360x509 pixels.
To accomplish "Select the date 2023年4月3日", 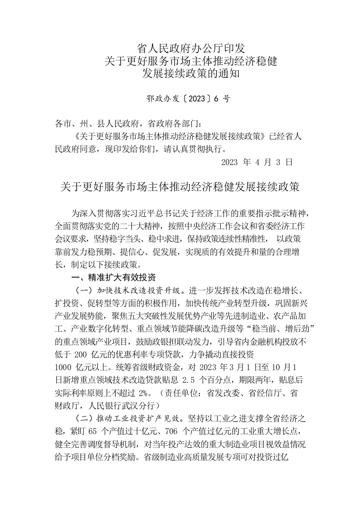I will (x=257, y=162).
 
